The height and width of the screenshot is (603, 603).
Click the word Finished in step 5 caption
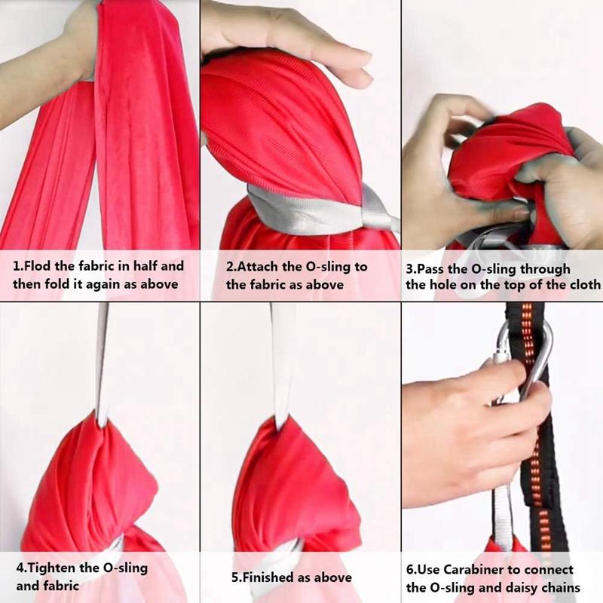tap(271, 577)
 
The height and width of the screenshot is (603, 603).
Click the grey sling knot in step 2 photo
tap(377, 215)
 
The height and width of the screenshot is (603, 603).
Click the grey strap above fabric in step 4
tap(102, 362)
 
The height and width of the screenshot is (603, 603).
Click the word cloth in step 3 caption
tap(584, 285)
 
